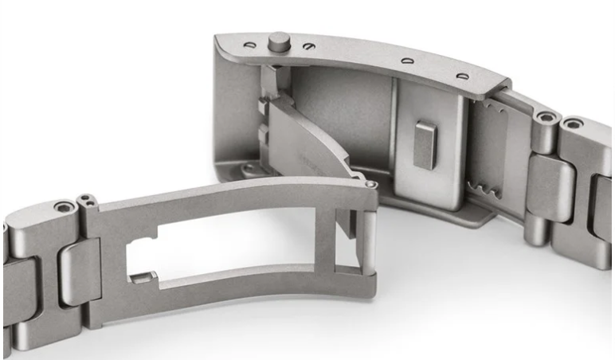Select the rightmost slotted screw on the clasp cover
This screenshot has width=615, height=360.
coord(461,76)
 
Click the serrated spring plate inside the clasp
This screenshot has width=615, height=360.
coord(488,151)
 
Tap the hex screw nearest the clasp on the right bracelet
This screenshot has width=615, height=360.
coord(546,118)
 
